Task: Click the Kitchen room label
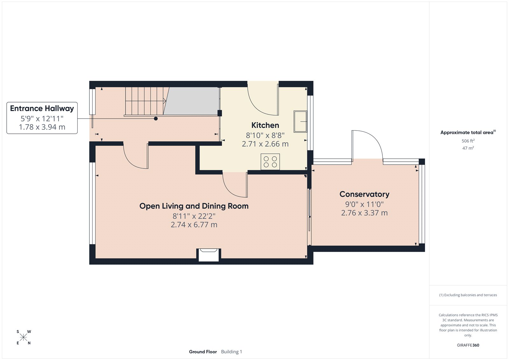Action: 265,125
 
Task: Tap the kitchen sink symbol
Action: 300,121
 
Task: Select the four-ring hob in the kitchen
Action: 270,162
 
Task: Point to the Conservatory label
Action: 364,194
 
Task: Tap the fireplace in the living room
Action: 209,255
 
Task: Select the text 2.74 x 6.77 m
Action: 194,225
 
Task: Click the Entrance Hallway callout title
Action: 42,108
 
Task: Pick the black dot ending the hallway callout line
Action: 156,119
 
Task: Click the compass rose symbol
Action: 24,337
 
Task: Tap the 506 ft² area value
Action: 468,141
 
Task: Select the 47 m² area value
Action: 468,148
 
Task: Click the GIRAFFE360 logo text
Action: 468,345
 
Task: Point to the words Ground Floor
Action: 203,352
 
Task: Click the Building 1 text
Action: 232,352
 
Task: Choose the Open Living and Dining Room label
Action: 194,206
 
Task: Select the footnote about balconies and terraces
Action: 468,295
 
